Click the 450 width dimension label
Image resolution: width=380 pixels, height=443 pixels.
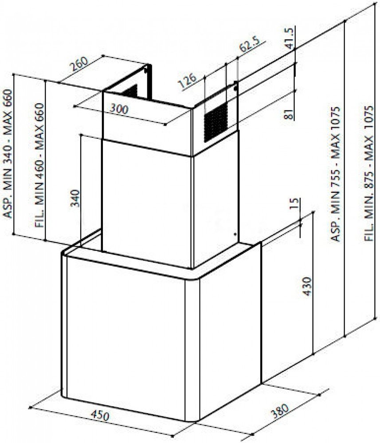coord(100,416)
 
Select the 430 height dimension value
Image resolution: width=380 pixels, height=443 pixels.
coord(307,286)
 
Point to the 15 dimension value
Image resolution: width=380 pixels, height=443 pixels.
coord(294,203)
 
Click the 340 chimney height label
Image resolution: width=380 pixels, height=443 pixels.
coord(75,198)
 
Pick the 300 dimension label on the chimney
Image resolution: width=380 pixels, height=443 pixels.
coord(119,109)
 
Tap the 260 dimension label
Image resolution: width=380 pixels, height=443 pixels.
coord(79,64)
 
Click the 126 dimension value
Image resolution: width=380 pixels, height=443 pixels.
coord(187,81)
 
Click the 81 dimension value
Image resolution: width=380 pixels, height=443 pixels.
coord(288,114)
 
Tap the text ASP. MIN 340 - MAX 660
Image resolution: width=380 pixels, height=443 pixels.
coord(8,154)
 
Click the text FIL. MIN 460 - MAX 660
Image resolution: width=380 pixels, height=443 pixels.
coord(39,165)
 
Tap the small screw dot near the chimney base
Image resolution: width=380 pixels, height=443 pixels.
coord(235,234)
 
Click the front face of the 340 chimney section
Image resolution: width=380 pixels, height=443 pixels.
coord(147,203)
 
